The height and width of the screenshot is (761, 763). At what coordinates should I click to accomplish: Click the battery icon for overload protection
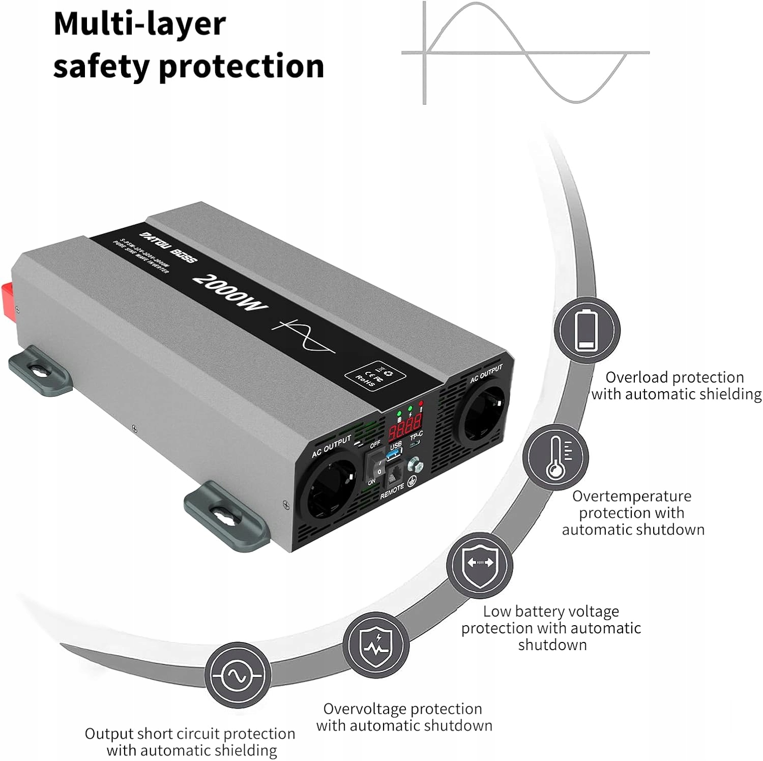pyautogui.click(x=586, y=330)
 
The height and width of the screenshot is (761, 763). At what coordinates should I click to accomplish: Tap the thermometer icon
pyautogui.click(x=555, y=456)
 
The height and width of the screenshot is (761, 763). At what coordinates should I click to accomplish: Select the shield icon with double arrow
pyautogui.click(x=479, y=564)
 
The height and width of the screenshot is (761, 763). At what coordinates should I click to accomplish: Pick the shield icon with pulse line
pyautogui.click(x=375, y=644)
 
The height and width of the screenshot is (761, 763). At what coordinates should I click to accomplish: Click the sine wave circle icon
pyautogui.click(x=237, y=675)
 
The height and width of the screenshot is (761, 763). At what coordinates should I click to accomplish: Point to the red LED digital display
pyautogui.click(x=405, y=426)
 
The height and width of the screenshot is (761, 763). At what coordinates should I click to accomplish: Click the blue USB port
pyautogui.click(x=395, y=453)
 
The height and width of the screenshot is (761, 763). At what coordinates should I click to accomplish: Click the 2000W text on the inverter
pyautogui.click(x=230, y=292)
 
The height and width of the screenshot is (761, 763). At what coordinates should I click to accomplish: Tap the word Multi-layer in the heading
pyautogui.click(x=139, y=24)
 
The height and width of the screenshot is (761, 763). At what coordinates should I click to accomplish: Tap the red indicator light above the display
pyautogui.click(x=421, y=403)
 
